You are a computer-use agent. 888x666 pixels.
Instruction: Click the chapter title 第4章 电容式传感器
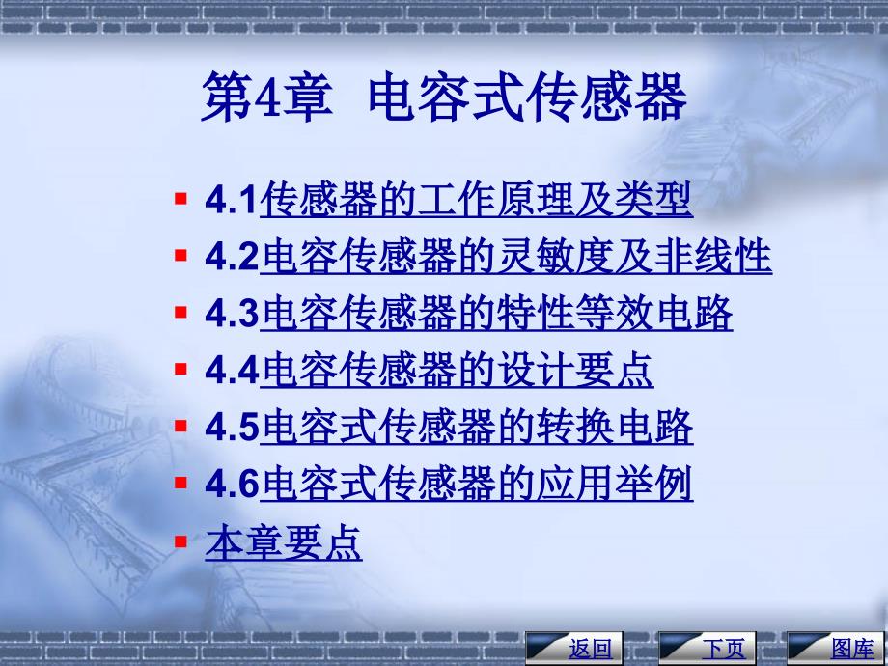click(x=444, y=97)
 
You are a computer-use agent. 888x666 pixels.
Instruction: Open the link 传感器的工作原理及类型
click(x=476, y=200)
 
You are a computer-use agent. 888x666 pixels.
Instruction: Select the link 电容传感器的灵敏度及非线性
click(x=516, y=256)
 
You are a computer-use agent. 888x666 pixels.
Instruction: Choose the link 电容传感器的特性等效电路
click(x=496, y=313)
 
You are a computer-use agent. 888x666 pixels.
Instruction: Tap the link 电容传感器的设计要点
click(x=457, y=370)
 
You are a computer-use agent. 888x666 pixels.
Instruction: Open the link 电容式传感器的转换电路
click(x=476, y=426)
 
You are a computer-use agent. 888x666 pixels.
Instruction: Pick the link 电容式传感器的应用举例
click(x=476, y=483)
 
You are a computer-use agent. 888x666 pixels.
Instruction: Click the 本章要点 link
click(x=284, y=542)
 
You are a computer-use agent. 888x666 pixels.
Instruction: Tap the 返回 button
click(x=574, y=648)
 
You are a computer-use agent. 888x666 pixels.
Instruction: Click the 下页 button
click(x=708, y=648)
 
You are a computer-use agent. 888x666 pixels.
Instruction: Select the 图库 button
click(x=836, y=648)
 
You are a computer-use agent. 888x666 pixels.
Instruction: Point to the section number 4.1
click(x=232, y=200)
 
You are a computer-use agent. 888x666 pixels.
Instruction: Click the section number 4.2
click(x=232, y=257)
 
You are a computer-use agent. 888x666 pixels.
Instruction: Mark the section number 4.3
click(x=232, y=313)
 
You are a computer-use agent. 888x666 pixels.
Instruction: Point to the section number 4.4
click(x=232, y=370)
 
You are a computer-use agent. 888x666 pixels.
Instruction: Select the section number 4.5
click(x=232, y=427)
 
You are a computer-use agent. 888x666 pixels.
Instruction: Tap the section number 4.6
click(x=232, y=483)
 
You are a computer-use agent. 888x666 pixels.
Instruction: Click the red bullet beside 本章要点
click(x=180, y=542)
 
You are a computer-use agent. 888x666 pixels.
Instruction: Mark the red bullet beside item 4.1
click(x=180, y=199)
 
